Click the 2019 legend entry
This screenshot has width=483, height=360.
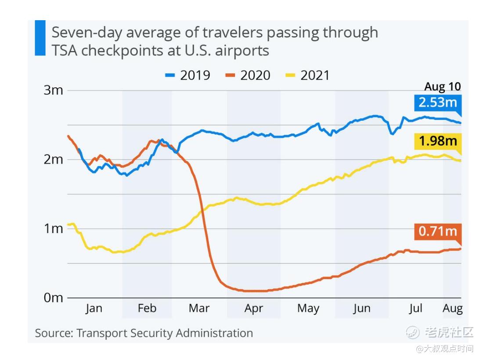tap(188, 75)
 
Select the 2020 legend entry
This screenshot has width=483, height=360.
tap(248, 75)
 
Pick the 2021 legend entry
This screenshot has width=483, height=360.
tap(308, 75)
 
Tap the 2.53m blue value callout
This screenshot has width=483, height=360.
tap(437, 103)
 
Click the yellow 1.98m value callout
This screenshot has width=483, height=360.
tap(437, 141)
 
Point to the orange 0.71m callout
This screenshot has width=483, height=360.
tap(437, 231)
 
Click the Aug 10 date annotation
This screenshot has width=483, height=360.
tap(442, 86)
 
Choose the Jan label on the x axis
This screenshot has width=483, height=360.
tap(94, 309)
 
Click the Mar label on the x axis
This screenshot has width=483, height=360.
tap(199, 309)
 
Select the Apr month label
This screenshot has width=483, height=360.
tap(253, 309)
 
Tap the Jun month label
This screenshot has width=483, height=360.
tap(361, 309)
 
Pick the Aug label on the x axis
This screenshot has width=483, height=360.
tap(452, 309)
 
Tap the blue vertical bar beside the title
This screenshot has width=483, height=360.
tap(40, 38)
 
